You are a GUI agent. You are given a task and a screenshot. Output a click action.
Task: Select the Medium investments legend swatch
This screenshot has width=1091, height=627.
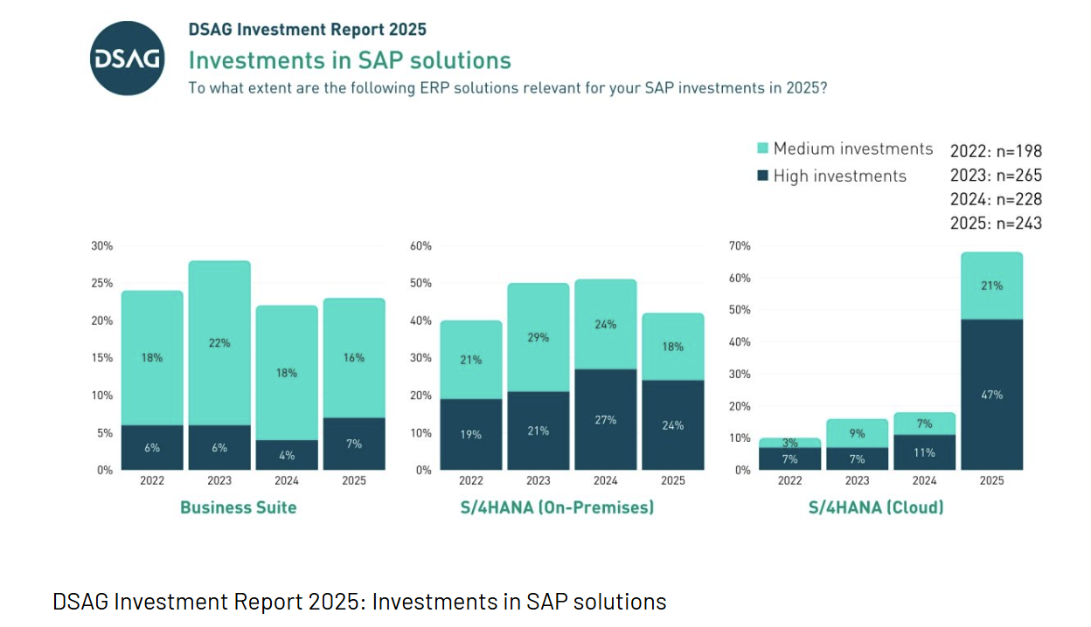(x=762, y=149)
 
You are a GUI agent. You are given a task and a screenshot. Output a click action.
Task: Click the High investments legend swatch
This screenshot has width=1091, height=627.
(x=762, y=176)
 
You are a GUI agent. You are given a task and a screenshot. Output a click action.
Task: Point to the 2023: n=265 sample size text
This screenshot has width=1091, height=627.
(x=996, y=176)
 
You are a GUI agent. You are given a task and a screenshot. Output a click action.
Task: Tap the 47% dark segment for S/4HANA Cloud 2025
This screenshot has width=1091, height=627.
(x=991, y=395)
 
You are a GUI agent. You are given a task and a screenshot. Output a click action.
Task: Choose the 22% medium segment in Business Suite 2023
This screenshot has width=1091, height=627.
(x=219, y=343)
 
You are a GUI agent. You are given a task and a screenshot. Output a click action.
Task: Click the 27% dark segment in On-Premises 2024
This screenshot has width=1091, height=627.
(x=606, y=419)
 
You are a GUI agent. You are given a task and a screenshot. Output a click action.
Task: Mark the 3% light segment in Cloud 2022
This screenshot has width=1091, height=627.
(x=790, y=443)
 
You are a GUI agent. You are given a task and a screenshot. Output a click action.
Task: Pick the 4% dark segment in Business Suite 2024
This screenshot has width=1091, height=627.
(x=287, y=455)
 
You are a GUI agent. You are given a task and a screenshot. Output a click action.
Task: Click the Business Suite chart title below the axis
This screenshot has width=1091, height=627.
(x=239, y=507)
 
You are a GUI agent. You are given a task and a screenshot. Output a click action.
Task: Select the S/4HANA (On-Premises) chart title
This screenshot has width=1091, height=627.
(x=557, y=507)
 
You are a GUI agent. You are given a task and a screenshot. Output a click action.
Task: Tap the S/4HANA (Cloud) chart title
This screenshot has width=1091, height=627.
(x=875, y=507)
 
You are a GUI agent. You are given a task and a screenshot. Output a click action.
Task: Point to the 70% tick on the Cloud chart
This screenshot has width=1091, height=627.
(x=739, y=246)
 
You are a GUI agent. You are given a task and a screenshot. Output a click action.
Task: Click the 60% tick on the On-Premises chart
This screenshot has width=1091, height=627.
(x=420, y=246)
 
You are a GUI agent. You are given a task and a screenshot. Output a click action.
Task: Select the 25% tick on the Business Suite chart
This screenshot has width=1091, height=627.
(x=102, y=284)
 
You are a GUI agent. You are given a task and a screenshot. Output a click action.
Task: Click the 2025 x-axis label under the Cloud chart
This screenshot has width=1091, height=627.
(x=991, y=481)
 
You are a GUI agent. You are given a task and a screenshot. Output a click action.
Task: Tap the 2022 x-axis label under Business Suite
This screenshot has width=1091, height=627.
(x=152, y=481)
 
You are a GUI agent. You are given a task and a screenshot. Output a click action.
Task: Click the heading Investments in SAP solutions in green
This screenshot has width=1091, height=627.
(x=350, y=60)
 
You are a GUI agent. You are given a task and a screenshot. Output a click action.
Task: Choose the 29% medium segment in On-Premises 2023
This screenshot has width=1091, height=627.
(x=539, y=337)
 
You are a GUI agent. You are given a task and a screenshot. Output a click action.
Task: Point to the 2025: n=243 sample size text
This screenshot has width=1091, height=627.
(x=996, y=224)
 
